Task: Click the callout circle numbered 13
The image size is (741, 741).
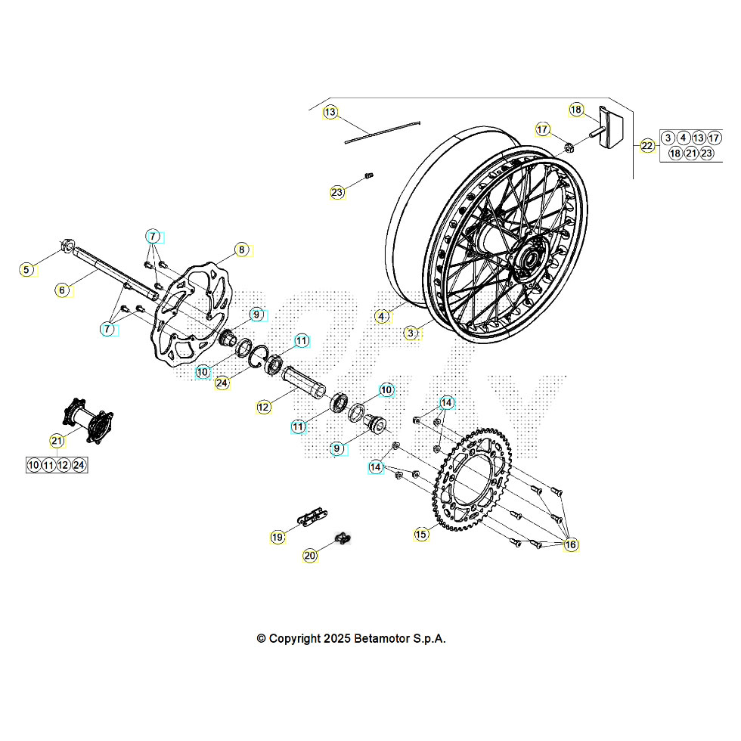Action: [x=330, y=113]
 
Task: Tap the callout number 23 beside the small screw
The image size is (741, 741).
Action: [x=337, y=192]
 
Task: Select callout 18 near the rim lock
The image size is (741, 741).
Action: [x=577, y=110]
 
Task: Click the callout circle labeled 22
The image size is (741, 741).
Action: [x=647, y=146]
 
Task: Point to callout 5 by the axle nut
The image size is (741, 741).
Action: [x=27, y=269]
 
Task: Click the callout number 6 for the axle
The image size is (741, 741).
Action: [x=63, y=289]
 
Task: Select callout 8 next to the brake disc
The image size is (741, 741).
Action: [x=241, y=250]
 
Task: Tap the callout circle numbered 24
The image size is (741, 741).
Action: [x=222, y=383]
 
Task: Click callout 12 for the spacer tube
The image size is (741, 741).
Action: [x=263, y=407]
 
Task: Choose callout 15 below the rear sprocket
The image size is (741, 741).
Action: [x=421, y=534]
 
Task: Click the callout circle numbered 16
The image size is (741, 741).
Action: [x=570, y=544]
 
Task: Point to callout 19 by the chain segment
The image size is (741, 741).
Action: [x=277, y=537]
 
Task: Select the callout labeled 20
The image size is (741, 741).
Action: [x=310, y=555]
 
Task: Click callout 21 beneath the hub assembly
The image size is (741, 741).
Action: [x=57, y=440]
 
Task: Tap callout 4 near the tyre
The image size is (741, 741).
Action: [x=383, y=316]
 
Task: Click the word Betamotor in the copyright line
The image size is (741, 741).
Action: [x=381, y=638]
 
